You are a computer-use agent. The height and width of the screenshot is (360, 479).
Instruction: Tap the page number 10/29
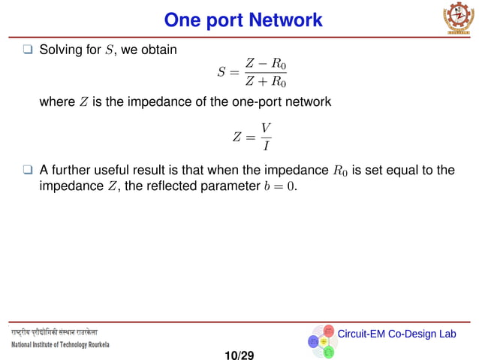coord(239,354)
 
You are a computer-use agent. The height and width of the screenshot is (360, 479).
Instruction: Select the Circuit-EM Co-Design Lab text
coord(396,333)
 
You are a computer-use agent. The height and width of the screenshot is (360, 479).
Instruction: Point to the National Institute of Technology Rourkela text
coord(60,345)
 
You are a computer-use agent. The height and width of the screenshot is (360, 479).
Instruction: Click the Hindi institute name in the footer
coord(54,331)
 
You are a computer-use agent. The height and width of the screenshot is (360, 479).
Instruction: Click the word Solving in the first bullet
coord(60,50)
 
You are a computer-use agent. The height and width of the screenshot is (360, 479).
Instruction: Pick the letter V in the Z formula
coord(265,129)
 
